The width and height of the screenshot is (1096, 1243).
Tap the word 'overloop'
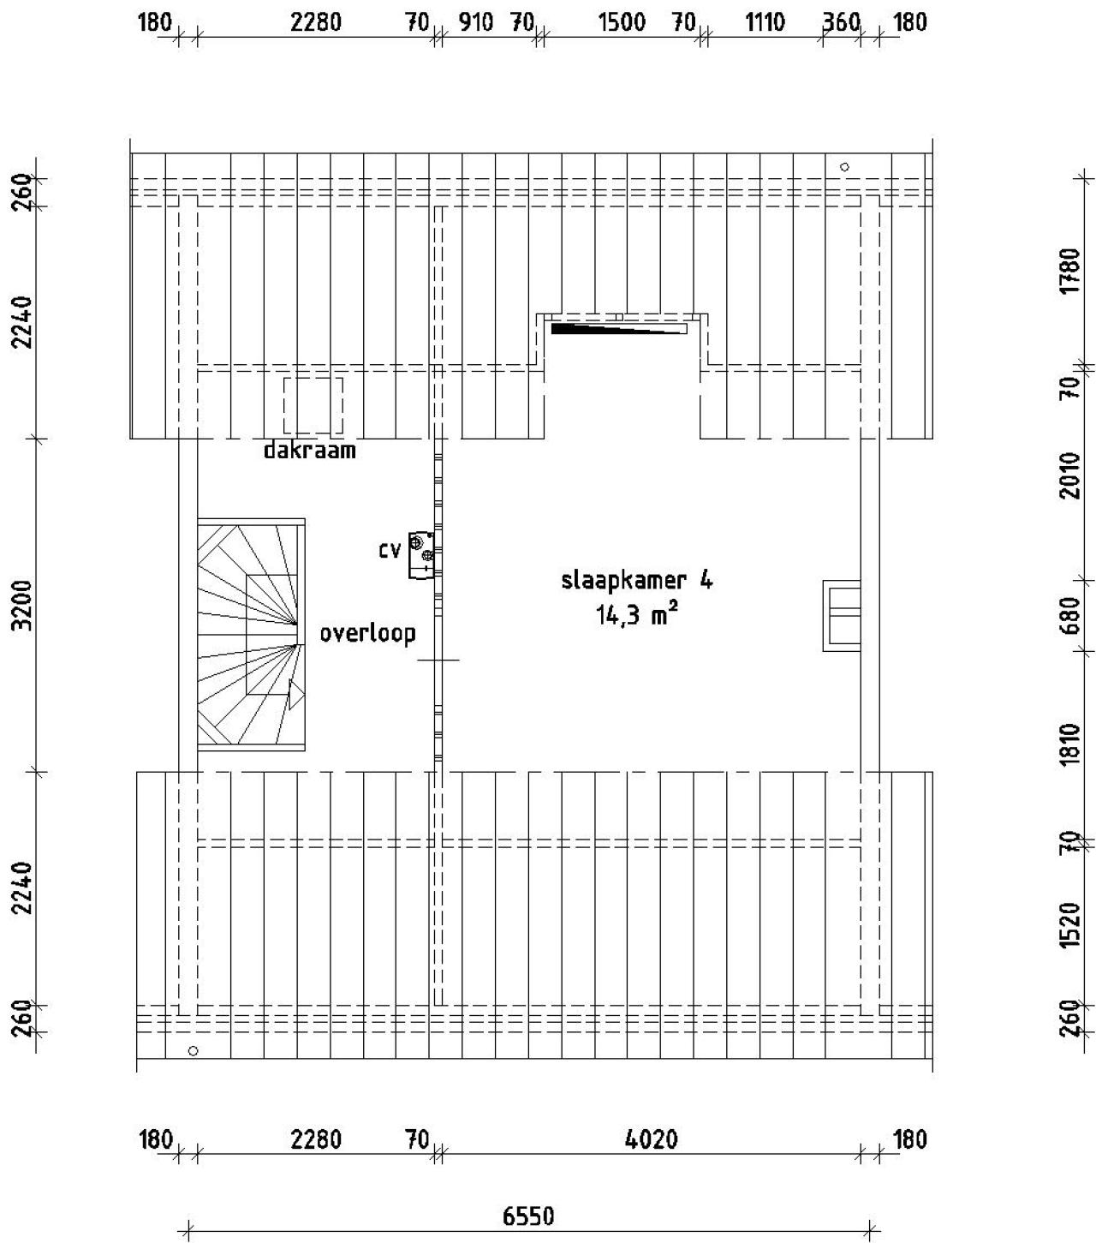tap(368, 633)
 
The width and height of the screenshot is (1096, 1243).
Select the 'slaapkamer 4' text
tap(636, 581)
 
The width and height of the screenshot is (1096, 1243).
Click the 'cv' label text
tap(390, 550)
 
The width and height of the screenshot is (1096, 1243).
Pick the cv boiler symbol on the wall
tap(421, 554)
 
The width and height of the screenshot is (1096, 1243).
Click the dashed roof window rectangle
tap(313, 405)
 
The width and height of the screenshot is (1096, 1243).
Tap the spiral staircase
tap(251, 634)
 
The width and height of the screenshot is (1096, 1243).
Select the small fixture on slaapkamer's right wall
tap(841, 615)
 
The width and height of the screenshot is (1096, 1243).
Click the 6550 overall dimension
tap(528, 1216)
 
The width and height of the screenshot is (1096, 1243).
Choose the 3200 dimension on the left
tap(23, 605)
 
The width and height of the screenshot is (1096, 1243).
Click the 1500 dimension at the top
tap(622, 22)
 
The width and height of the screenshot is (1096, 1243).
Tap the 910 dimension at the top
tap(475, 22)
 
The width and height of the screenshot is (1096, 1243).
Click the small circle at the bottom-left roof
tap(194, 1050)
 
